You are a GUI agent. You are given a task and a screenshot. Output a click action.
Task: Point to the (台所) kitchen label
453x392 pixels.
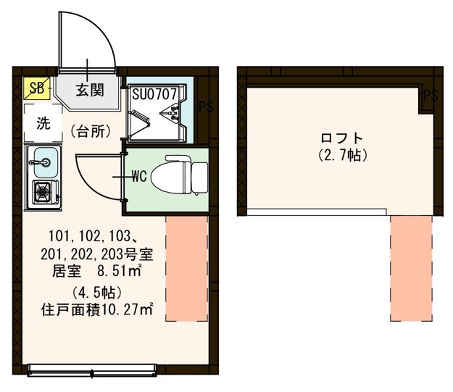tap(91, 131)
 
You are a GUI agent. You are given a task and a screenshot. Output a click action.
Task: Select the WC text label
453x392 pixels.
tap(140, 175)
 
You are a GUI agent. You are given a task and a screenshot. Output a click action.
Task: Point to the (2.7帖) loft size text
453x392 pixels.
tap(341, 154)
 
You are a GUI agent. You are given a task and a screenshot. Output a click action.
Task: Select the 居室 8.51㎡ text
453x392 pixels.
tap(96, 272)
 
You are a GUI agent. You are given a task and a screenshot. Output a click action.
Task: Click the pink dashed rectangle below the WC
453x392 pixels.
tap(187, 267)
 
